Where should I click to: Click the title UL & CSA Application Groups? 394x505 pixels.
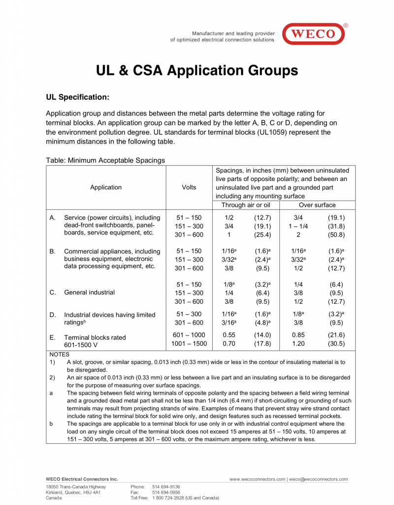pyautogui.click(x=197, y=71)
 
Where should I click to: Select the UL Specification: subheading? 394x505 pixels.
pyautogui.click(x=77, y=97)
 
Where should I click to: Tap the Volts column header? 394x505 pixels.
pyautogui.click(x=189, y=187)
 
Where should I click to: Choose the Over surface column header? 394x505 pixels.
pyautogui.click(x=317, y=205)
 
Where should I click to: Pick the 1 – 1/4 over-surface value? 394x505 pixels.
pyautogui.click(x=298, y=226)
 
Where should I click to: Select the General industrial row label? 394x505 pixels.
pyautogui.click(x=89, y=292)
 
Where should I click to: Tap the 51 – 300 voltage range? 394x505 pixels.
pyautogui.click(x=189, y=314)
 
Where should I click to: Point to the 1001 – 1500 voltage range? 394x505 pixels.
pyautogui.click(x=189, y=344)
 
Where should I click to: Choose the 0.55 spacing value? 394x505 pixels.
pyautogui.click(x=229, y=335)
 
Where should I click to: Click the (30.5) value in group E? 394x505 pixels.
pyautogui.click(x=336, y=344)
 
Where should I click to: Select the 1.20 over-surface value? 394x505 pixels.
pyautogui.click(x=298, y=344)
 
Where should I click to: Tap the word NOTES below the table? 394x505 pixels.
pyautogui.click(x=60, y=354)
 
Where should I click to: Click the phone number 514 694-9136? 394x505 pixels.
pyautogui.click(x=166, y=486)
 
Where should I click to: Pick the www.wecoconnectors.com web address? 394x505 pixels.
pyautogui.click(x=258, y=479)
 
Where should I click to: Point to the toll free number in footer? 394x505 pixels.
pyautogui.click(x=186, y=498)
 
